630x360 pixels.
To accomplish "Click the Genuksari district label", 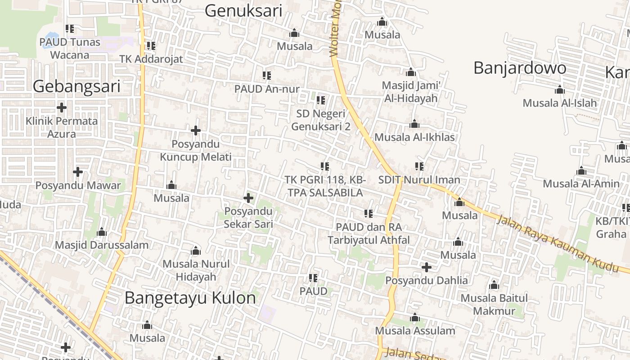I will [x=243, y=11].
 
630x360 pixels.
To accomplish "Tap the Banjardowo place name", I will [x=520, y=68].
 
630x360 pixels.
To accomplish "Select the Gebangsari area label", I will [x=76, y=86].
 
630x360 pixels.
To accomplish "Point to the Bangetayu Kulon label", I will [x=190, y=297].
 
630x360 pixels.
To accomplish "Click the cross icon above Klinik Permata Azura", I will [x=62, y=108].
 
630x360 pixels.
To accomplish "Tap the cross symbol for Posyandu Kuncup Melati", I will [x=195, y=130].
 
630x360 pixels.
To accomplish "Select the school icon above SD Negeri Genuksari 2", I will [x=320, y=100].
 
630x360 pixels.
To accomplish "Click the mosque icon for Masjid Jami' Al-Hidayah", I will [x=410, y=72].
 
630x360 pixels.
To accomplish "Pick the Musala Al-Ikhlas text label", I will [x=414, y=137].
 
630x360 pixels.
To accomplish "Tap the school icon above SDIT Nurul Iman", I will [x=419, y=166].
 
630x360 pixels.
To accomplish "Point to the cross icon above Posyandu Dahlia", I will [x=426, y=267].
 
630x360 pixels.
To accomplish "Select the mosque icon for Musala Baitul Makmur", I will [x=494, y=285].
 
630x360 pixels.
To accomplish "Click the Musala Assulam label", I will [x=415, y=331].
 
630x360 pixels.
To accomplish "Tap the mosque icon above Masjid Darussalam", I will [x=102, y=232].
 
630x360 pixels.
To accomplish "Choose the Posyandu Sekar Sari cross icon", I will [x=248, y=198].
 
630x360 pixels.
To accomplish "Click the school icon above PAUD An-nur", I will [x=266, y=76].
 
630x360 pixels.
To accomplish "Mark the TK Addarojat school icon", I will [x=151, y=46].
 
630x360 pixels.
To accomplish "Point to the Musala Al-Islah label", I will [x=559, y=103].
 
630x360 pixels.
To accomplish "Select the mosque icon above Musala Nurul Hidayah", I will [x=196, y=251].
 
